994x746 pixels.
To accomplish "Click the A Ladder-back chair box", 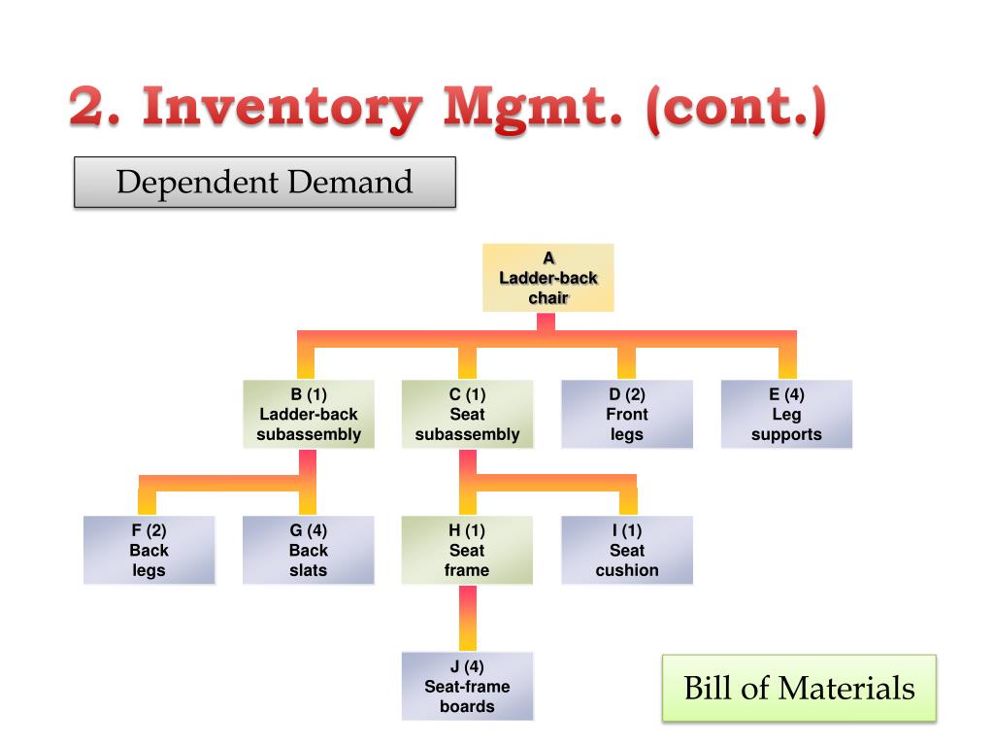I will [x=548, y=278].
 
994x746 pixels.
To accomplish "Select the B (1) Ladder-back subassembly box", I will [x=309, y=414].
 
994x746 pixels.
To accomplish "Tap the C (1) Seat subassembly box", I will [x=467, y=414].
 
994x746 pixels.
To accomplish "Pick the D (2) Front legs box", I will [x=627, y=414].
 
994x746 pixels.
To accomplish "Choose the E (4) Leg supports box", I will [x=786, y=414].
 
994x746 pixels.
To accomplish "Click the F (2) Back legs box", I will [x=149, y=550].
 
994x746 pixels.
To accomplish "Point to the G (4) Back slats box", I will [x=309, y=550].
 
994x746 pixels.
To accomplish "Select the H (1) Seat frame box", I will [x=467, y=550].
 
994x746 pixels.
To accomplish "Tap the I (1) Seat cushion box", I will [x=627, y=550].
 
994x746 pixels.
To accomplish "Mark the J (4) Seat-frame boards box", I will [x=467, y=686].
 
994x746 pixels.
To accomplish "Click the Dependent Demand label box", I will [x=265, y=183].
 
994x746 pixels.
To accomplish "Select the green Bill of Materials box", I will [x=799, y=689].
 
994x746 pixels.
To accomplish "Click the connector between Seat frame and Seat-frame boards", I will [x=467, y=618].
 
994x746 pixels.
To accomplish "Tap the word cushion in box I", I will [x=627, y=570].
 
